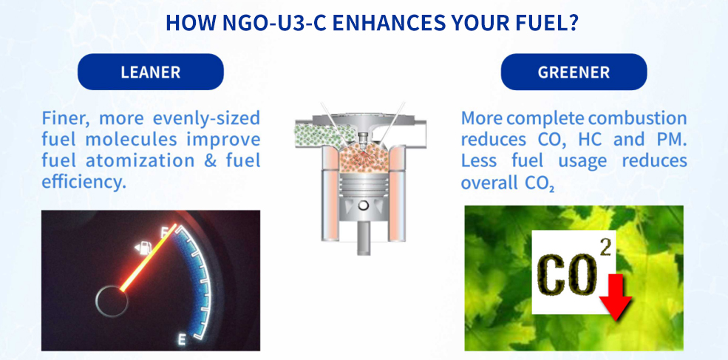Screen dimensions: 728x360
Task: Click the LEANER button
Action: [x=151, y=72]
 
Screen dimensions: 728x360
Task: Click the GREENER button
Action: [x=574, y=72]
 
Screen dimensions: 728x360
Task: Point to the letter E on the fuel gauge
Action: [x=182, y=341]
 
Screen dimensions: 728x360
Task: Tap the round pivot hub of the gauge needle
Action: [x=112, y=300]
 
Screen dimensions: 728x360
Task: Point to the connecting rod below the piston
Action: [x=364, y=237]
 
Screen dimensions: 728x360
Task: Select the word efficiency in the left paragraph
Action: [x=84, y=182]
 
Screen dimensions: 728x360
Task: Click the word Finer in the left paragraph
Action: [x=66, y=118]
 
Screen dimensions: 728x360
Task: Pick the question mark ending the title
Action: [x=572, y=23]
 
